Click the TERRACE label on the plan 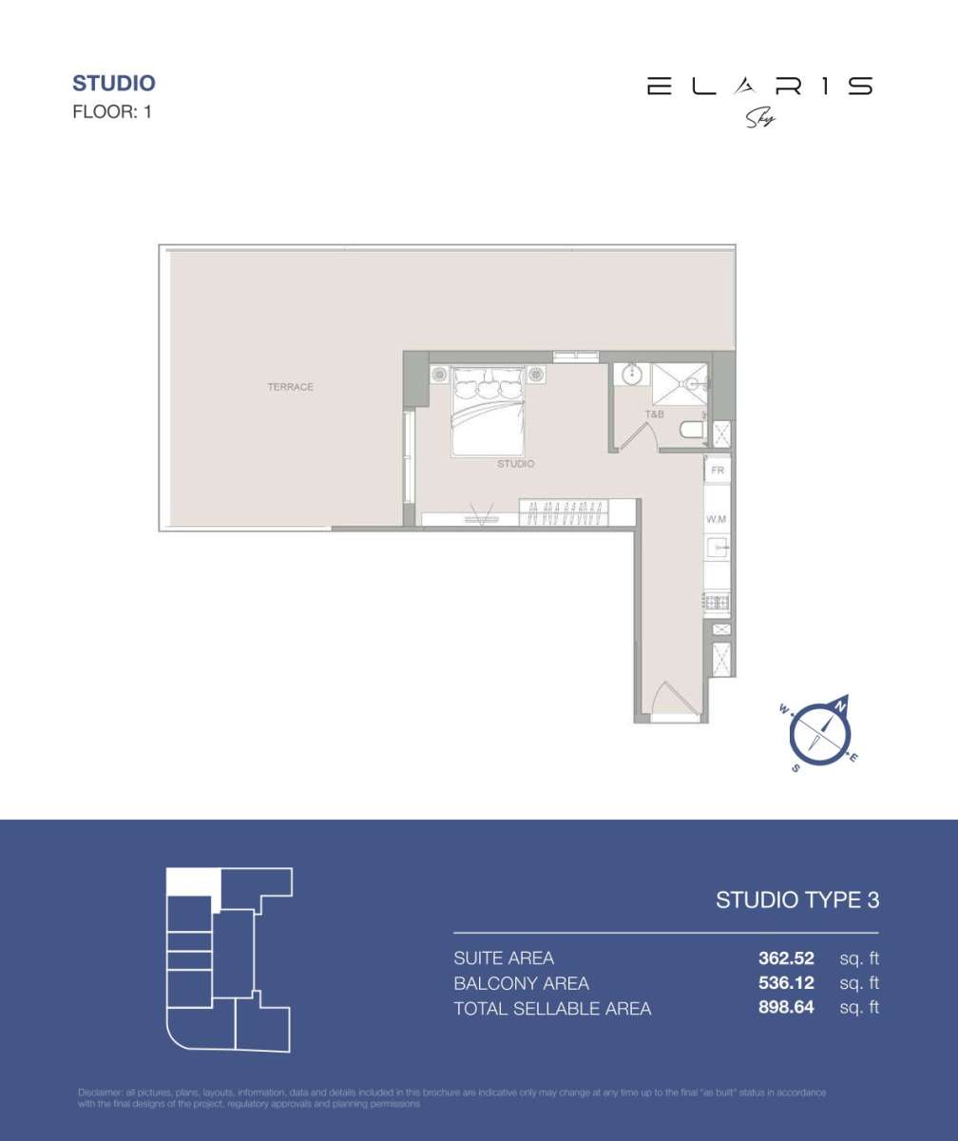point(290,387)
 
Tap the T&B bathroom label point(654,415)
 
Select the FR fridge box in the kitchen point(718,470)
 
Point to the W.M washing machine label point(717,520)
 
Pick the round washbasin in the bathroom point(631,377)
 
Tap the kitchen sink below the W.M point(718,547)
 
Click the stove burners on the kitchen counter point(717,602)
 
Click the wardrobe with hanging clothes point(567,513)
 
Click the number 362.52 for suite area point(786,958)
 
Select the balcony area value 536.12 point(786,983)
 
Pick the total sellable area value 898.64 point(786,1008)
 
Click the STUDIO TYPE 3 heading point(797,899)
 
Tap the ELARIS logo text point(758,87)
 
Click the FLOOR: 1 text point(112,111)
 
